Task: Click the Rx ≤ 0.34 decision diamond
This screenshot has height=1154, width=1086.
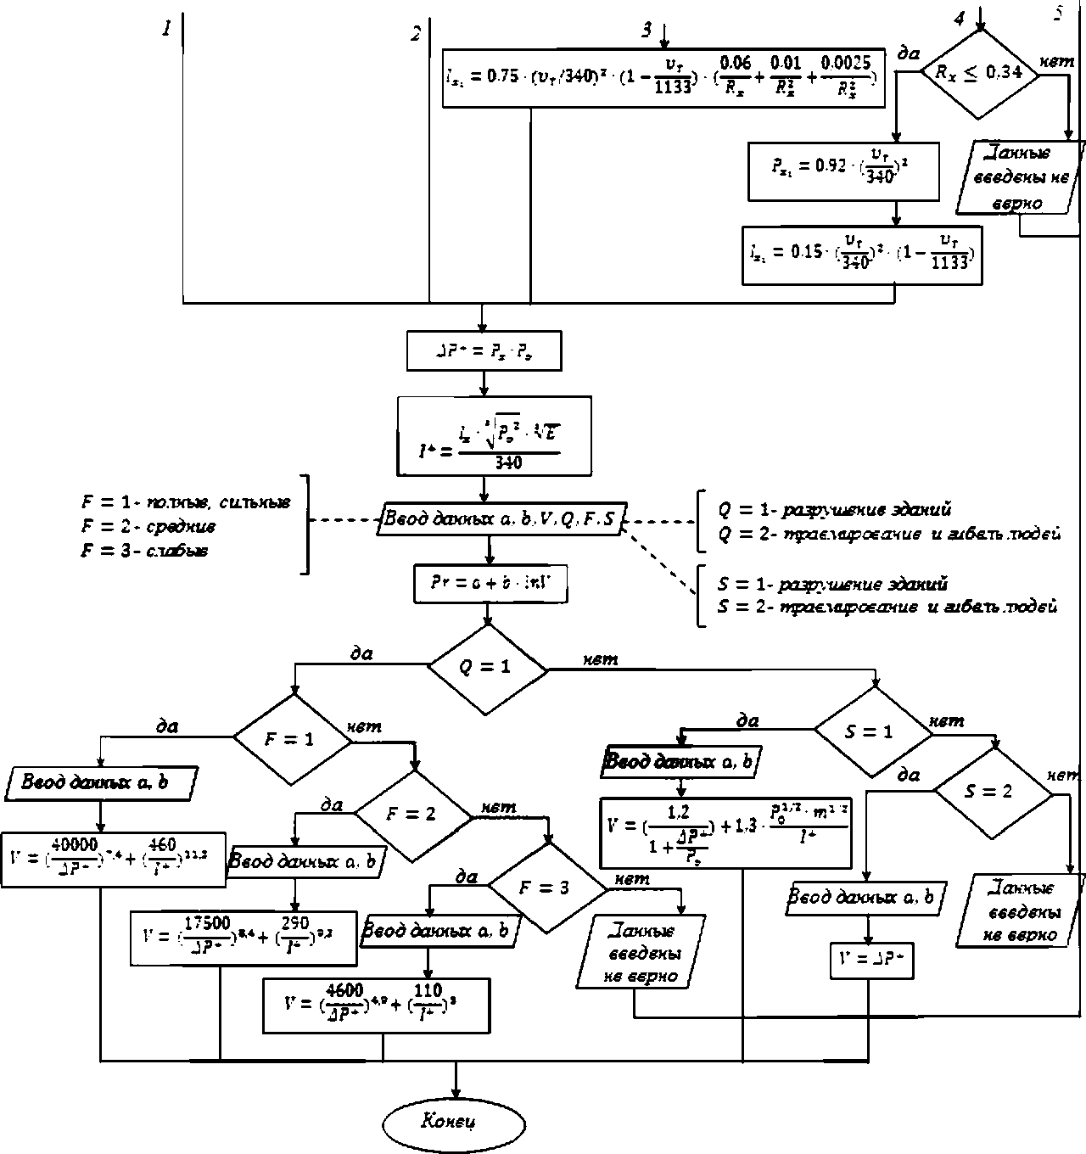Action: pyautogui.click(x=979, y=73)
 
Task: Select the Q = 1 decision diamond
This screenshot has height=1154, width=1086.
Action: pyautogui.click(x=486, y=668)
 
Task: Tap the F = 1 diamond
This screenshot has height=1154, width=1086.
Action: pyautogui.click(x=291, y=738)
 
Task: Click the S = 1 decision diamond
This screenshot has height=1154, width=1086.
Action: pyautogui.click(x=871, y=731)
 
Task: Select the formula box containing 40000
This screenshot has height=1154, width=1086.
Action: pyautogui.click(x=114, y=860)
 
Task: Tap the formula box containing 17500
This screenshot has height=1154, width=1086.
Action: pyautogui.click(x=244, y=937)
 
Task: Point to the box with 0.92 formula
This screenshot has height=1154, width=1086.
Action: pyautogui.click(x=843, y=170)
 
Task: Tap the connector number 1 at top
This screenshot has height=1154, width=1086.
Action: pyautogui.click(x=167, y=29)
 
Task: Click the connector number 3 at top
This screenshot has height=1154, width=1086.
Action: pyautogui.click(x=647, y=30)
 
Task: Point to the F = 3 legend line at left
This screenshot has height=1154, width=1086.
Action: pyautogui.click(x=146, y=552)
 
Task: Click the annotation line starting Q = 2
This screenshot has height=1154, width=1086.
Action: pyautogui.click(x=888, y=534)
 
